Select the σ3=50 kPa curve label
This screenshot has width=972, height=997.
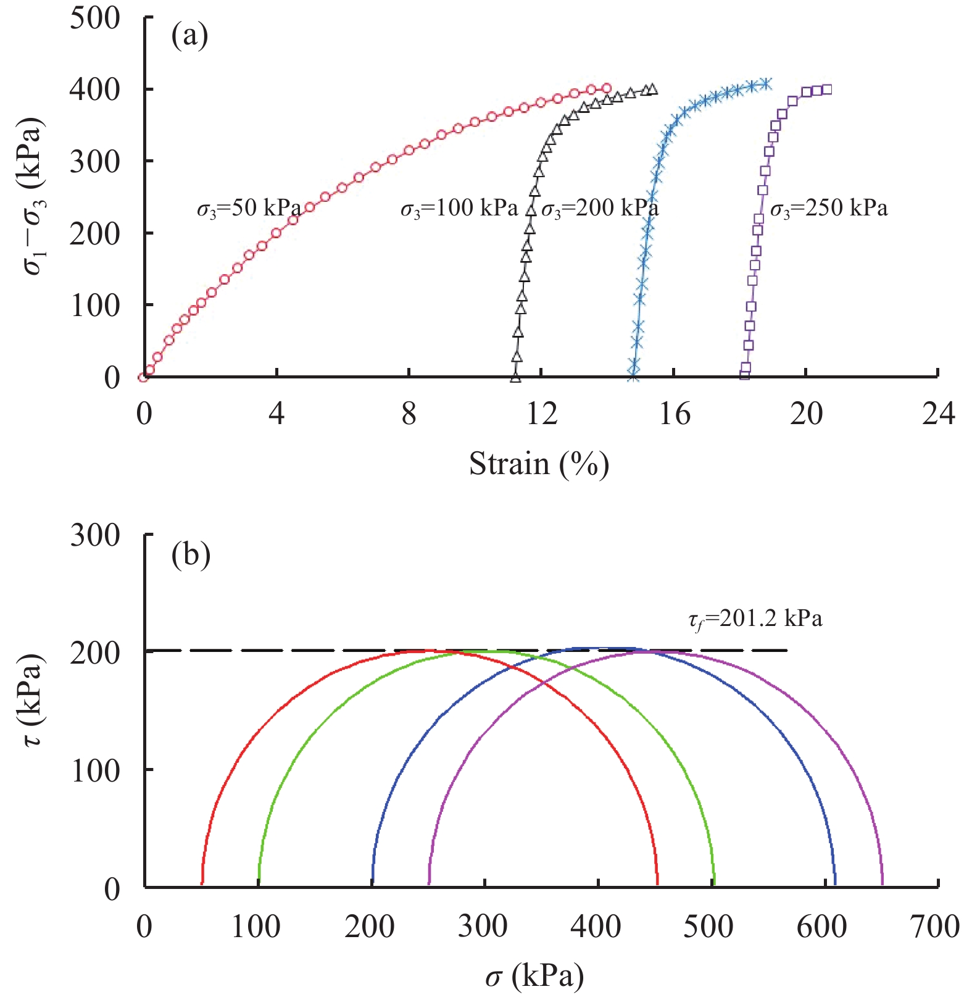click(249, 209)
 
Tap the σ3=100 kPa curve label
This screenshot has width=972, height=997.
click(459, 209)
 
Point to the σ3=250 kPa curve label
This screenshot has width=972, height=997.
click(829, 209)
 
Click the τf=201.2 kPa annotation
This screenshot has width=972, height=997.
click(755, 618)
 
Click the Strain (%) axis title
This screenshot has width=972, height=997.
click(539, 464)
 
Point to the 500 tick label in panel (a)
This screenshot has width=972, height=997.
click(95, 18)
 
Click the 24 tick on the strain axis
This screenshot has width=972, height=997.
click(938, 414)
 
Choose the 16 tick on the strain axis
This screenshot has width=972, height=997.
click(674, 414)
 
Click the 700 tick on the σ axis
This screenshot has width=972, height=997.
click(934, 927)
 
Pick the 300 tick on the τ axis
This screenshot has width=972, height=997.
click(95, 535)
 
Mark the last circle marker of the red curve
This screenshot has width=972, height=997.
click(606, 88)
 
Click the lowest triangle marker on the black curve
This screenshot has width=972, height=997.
click(515, 377)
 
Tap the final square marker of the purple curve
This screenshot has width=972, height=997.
click(827, 90)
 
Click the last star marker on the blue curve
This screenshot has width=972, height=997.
click(765, 83)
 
